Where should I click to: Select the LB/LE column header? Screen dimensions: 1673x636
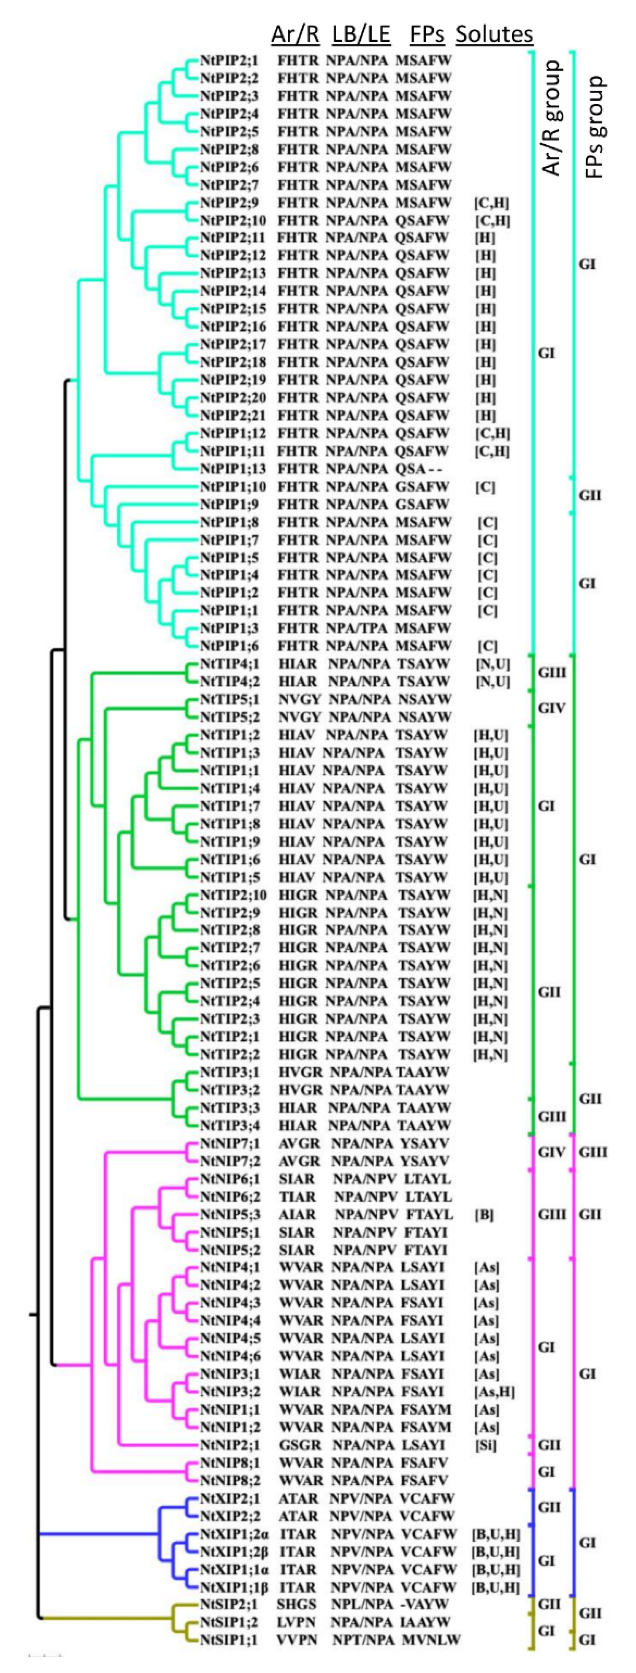point(361,34)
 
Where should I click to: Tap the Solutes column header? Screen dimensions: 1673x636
point(494,34)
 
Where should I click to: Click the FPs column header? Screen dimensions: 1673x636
point(427,34)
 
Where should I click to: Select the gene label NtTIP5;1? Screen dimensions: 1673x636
point(229,699)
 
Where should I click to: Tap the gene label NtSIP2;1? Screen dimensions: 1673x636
point(229,1604)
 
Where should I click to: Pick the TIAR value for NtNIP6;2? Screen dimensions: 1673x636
point(298,1196)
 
